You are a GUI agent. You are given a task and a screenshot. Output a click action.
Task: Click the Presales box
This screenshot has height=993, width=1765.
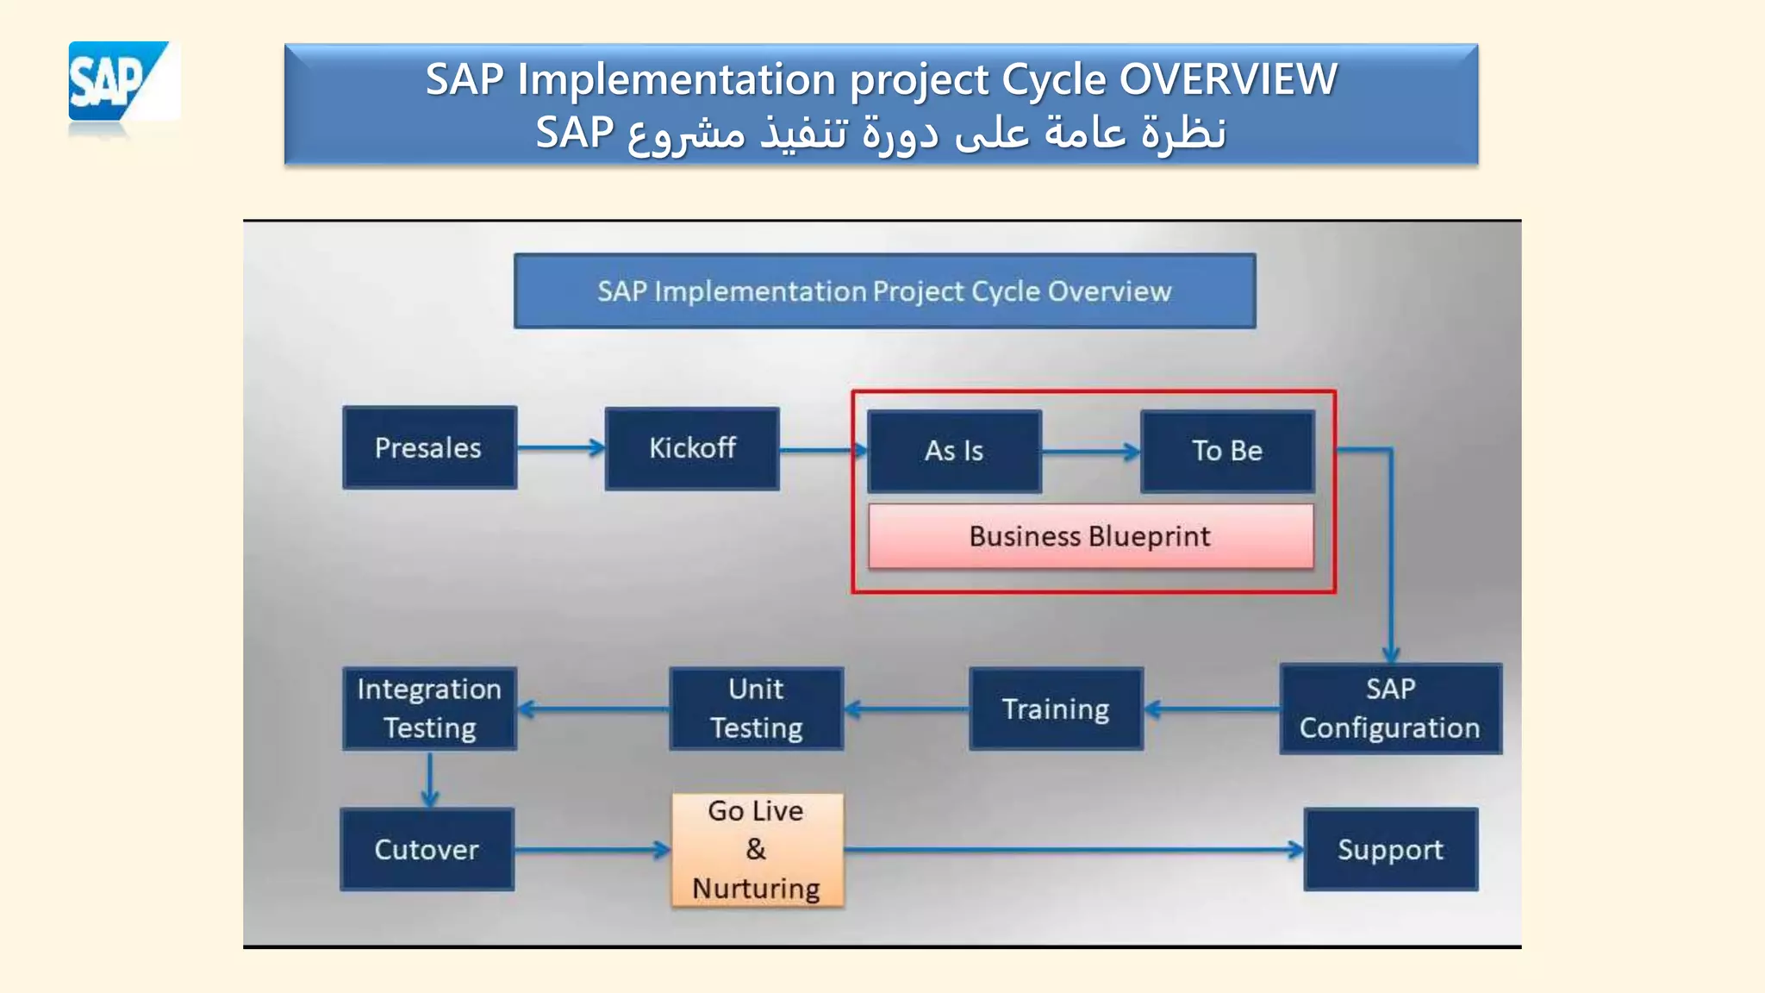pos(429,448)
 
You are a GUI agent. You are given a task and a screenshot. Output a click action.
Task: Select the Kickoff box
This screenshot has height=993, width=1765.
pos(692,448)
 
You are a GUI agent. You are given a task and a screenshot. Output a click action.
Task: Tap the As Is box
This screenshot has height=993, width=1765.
pos(954,451)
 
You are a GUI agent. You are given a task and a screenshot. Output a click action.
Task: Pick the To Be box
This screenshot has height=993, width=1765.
pos(1227,451)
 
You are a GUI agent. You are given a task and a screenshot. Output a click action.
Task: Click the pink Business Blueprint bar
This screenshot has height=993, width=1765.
pos(1090,536)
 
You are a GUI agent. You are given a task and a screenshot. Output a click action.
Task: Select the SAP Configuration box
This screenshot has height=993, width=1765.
pos(1390,709)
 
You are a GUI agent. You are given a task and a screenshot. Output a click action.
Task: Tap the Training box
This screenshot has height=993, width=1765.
pos(1056,709)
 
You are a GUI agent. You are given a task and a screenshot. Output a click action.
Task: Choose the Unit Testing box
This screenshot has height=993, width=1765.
pos(756,709)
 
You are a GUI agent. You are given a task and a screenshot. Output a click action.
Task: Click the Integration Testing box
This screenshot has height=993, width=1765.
pos(429,709)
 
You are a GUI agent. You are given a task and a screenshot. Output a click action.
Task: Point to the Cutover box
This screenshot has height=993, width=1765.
pos(427,849)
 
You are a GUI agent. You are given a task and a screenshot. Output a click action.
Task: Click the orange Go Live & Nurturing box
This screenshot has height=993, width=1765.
pos(757,850)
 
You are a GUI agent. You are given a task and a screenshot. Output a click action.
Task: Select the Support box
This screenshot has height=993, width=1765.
pos(1390,849)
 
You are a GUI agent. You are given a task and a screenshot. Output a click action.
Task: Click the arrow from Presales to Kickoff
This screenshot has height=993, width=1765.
pos(560,447)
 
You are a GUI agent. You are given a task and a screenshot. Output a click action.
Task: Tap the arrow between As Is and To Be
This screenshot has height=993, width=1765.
pos(1090,451)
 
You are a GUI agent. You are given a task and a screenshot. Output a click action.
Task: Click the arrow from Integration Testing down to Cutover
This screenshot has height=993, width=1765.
pos(430,778)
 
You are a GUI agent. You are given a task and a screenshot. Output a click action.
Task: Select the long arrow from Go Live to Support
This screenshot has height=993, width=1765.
pos(1073,849)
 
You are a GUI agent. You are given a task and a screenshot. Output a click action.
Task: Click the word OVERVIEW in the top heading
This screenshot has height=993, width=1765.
pos(1228,79)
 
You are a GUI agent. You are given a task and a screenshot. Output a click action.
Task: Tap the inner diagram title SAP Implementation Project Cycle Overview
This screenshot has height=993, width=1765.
pos(884,291)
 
